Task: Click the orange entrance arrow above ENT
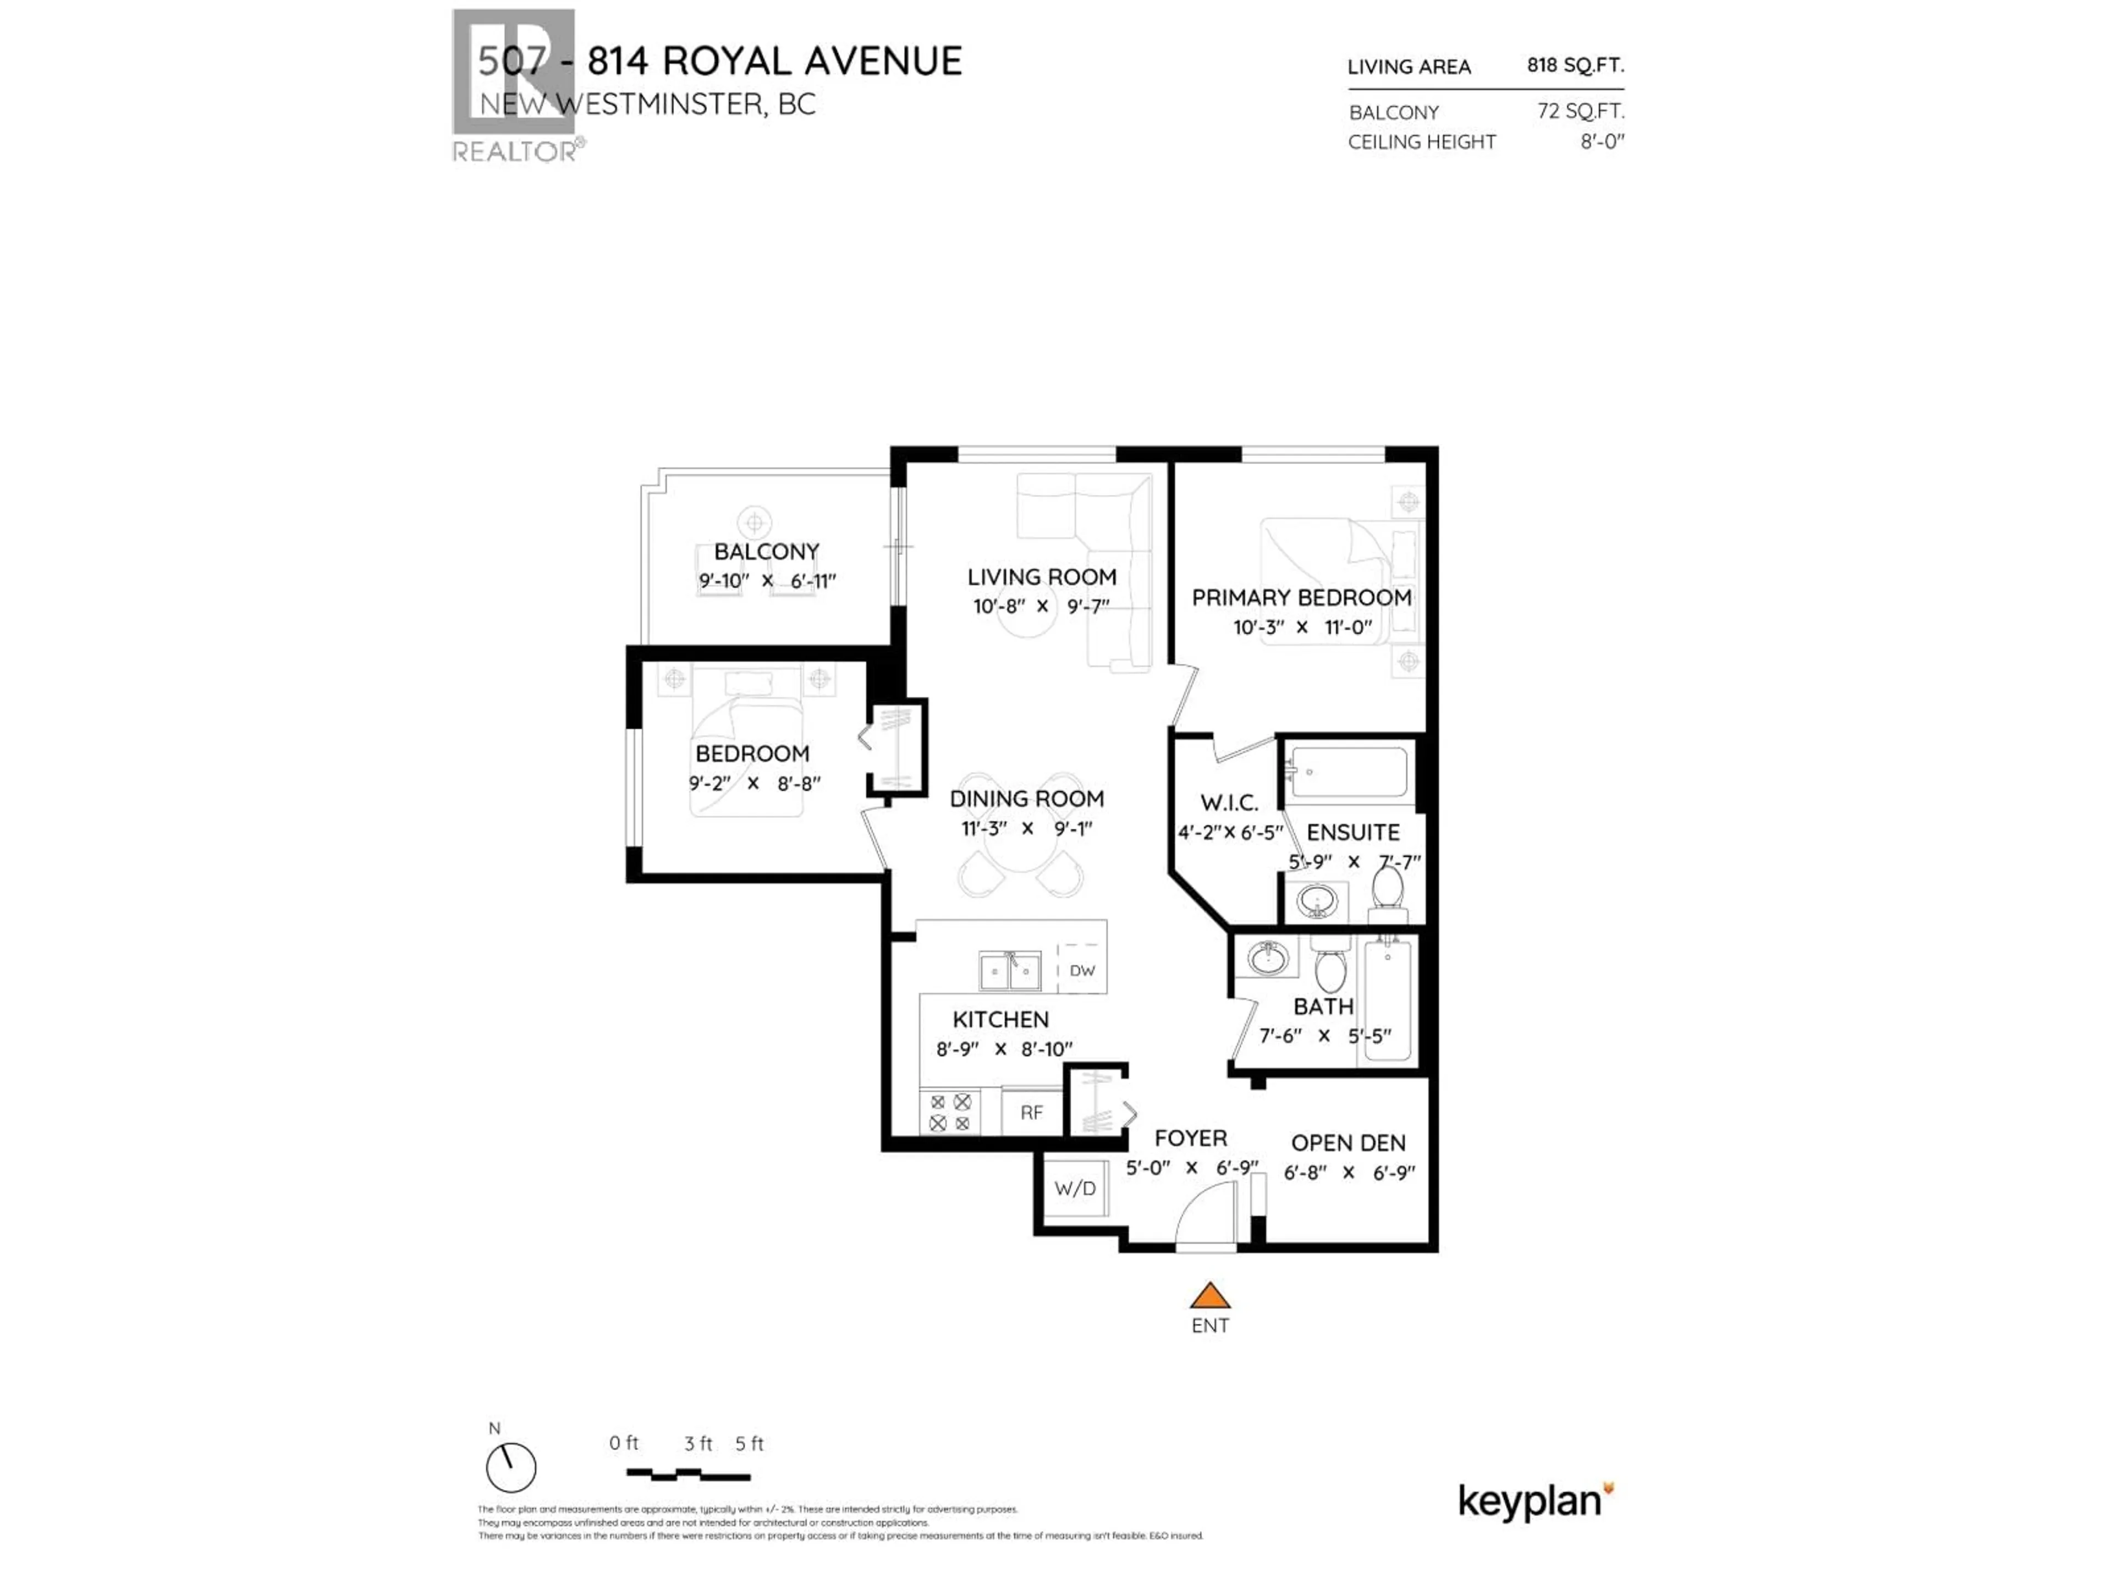1209,1296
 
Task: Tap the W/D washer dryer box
1075,1189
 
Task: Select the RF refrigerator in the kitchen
1031,1112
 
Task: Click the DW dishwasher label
1082,970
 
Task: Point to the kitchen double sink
1009,971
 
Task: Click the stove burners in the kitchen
950,1112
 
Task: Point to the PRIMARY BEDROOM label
1301,598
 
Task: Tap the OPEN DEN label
1348,1143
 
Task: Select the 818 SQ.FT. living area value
1575,65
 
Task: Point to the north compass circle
511,1467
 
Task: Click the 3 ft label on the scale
698,1444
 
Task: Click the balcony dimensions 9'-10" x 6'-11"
767,580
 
